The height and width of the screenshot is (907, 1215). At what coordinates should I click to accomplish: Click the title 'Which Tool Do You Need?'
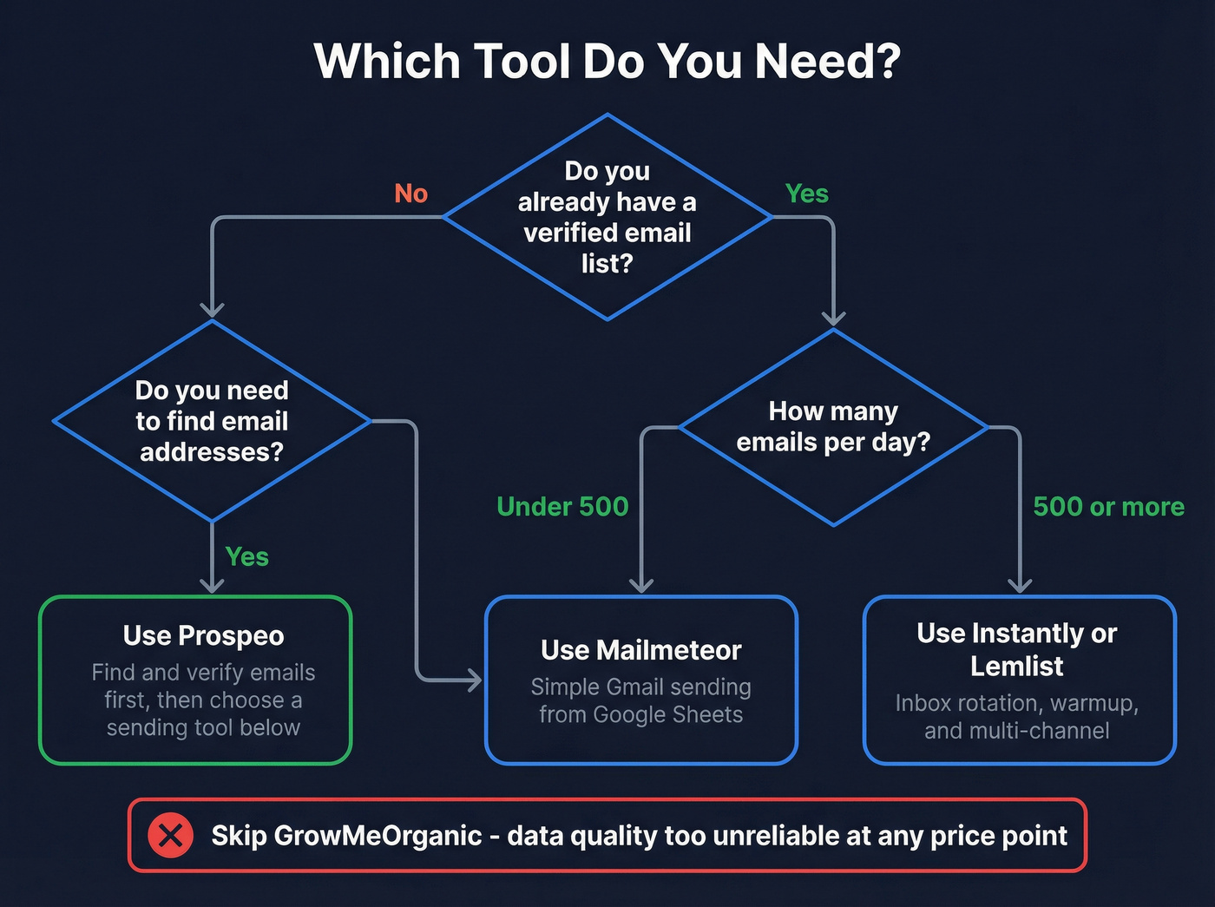607,62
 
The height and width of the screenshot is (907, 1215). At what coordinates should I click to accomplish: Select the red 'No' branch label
410,194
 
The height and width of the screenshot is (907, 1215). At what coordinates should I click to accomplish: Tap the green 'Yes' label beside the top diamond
806,194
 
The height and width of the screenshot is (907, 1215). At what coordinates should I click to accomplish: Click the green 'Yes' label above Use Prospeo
246,556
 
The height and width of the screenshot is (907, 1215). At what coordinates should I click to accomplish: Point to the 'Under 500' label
562,506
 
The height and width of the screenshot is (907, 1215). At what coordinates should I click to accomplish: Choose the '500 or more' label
1108,506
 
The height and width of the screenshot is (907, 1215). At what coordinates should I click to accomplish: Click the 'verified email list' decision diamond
607,217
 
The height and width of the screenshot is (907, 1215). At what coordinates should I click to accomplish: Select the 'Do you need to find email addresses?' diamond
212,421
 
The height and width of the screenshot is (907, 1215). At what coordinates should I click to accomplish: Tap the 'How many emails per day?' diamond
833,427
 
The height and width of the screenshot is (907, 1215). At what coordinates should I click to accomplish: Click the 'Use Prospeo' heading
203,635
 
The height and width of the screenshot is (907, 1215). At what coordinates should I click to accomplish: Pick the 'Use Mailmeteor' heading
640,650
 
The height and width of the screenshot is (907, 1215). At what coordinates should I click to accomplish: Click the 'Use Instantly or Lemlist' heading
1017,649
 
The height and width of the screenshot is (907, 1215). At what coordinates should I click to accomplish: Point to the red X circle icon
170,836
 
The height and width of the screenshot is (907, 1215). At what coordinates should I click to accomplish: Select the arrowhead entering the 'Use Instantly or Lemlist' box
1020,585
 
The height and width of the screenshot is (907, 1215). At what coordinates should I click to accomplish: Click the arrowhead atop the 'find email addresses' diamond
212,310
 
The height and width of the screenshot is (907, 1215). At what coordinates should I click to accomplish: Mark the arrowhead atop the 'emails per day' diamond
833,318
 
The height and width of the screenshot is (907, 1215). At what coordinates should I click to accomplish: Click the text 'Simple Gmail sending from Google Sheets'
640,700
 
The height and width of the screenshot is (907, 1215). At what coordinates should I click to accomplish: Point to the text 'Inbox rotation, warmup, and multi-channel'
1017,716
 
